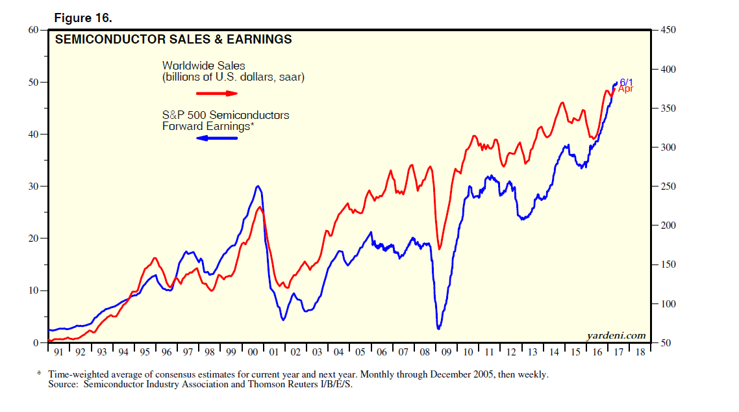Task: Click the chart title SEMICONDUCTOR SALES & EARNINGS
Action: click(x=173, y=40)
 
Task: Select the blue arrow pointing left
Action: click(x=217, y=138)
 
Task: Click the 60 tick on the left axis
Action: click(x=32, y=30)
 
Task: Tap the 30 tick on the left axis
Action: click(x=32, y=187)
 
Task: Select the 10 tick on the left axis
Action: click(x=32, y=290)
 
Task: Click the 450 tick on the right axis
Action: click(x=669, y=30)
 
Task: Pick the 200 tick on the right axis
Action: click(x=669, y=225)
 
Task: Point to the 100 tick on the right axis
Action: click(x=669, y=304)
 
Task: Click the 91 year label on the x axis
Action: click(x=59, y=352)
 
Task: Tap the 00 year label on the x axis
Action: click(x=252, y=352)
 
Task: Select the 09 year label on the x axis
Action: click(x=445, y=352)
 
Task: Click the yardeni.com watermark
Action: click(x=616, y=335)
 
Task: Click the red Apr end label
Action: click(x=625, y=89)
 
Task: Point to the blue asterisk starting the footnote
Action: click(x=39, y=375)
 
